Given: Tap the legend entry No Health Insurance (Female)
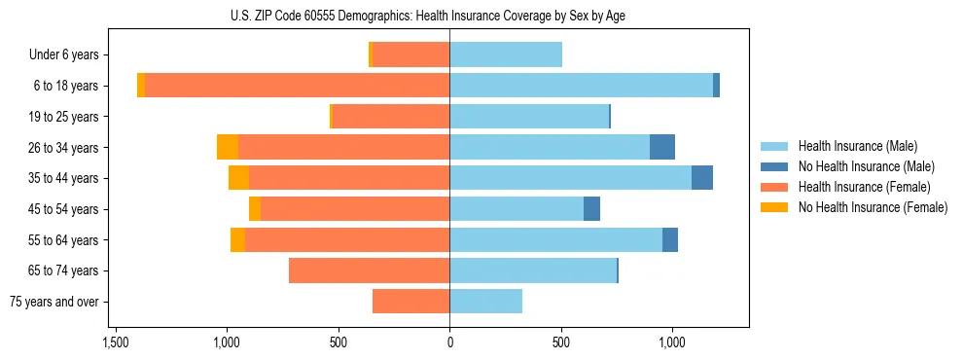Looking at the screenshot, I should coord(873,207).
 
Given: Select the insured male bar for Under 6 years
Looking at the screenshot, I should coord(506,54).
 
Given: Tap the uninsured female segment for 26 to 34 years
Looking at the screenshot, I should coord(228,147).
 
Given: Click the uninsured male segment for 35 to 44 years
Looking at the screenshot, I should coord(702,178).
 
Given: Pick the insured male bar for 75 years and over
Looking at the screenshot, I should coord(485,302).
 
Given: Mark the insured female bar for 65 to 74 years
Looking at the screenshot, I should coord(369,270).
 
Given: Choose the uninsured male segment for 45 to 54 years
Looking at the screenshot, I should coord(591,209).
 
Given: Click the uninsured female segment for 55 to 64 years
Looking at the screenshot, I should coord(237,239).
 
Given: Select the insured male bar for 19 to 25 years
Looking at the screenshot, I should coord(577,117).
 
